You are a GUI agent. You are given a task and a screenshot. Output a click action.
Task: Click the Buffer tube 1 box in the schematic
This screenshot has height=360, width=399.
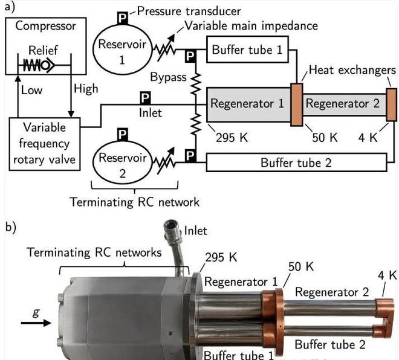coord(247,50)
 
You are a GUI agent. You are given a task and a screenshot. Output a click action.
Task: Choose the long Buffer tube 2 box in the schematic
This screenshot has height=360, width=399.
coord(296,162)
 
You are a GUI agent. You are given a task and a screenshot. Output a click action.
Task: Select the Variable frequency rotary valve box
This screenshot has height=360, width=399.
coord(45,143)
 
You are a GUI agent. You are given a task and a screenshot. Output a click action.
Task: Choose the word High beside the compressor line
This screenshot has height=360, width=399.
coord(85,89)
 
